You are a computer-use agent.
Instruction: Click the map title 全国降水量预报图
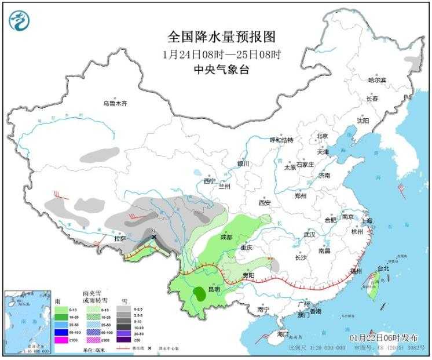(x=221, y=37)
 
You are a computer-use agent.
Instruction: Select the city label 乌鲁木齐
(x=114, y=104)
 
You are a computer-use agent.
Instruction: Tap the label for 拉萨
(x=120, y=238)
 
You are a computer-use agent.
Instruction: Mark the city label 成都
(x=226, y=237)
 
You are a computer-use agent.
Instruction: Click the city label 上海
(x=365, y=220)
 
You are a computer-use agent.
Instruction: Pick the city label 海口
(x=283, y=334)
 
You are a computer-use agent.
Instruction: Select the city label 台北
(x=383, y=268)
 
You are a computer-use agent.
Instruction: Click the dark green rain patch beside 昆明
(x=200, y=293)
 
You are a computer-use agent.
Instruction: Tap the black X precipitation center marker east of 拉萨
(x=153, y=237)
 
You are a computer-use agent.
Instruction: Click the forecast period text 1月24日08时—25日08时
(x=221, y=54)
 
